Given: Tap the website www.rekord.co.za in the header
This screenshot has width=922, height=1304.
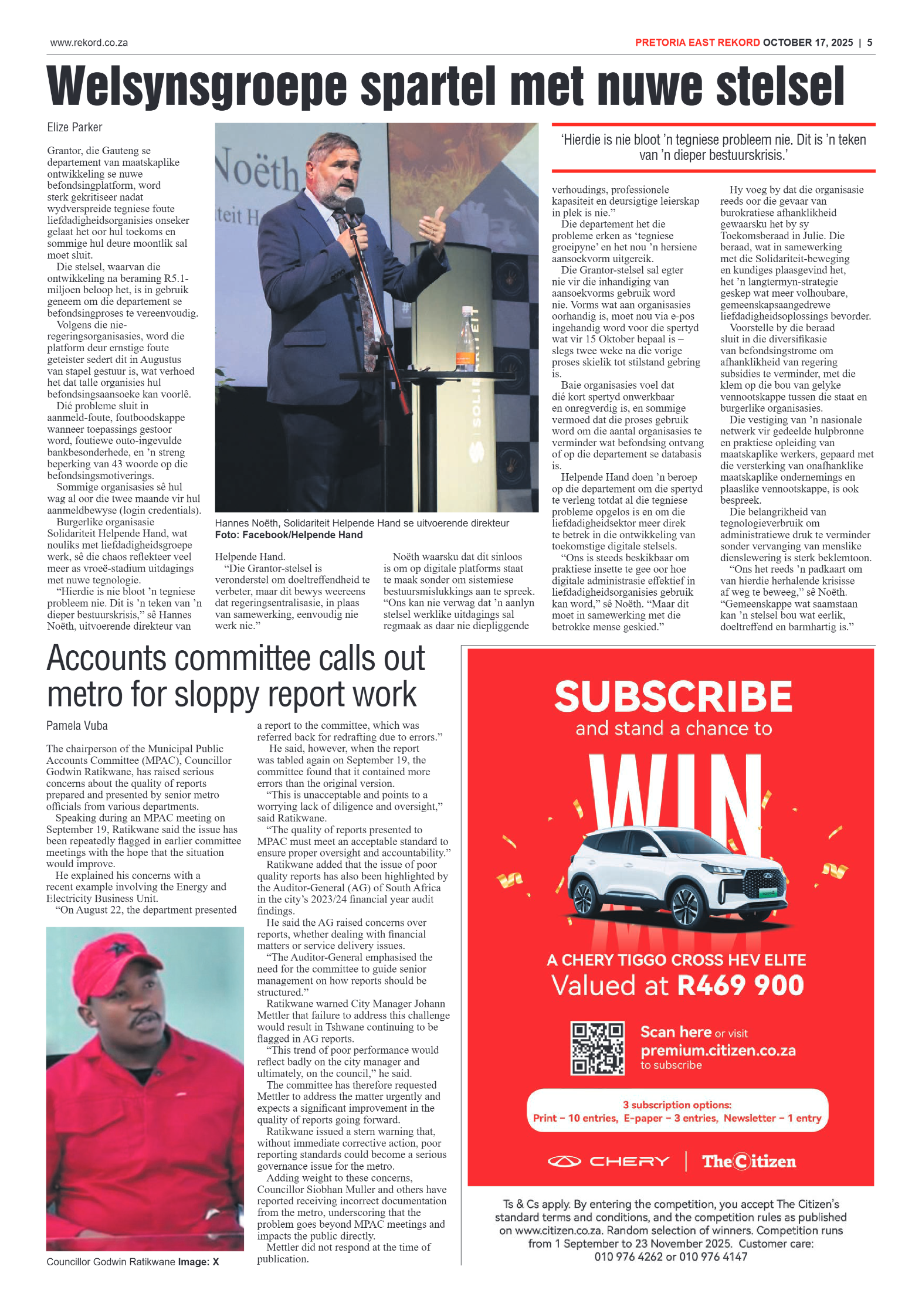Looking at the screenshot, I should click(89, 43).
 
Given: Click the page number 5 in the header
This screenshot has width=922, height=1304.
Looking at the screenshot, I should click(870, 43).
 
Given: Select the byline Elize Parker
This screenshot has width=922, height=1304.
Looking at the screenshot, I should click(74, 127).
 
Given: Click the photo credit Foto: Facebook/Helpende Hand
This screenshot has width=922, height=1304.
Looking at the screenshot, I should click(289, 535).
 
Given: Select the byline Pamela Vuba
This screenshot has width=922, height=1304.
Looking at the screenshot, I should click(77, 726).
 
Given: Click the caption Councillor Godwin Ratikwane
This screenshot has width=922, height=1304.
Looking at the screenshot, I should click(111, 1262).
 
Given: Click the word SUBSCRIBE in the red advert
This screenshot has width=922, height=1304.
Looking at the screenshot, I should click(673, 697).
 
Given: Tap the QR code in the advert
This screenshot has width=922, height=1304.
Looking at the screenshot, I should click(597, 1048).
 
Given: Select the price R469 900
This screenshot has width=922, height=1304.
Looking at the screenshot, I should click(740, 986).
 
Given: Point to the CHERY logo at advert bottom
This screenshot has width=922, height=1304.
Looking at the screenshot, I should click(608, 1162).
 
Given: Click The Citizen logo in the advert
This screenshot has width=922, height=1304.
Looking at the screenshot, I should click(749, 1162).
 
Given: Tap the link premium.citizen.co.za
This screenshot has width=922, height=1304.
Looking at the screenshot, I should click(717, 1050).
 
